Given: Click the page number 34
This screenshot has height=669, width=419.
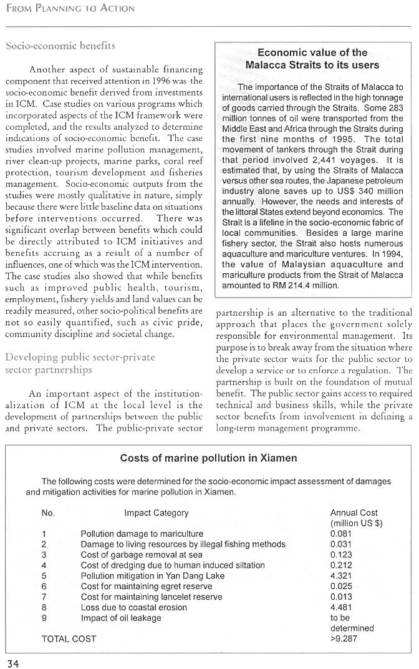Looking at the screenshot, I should point(14,663).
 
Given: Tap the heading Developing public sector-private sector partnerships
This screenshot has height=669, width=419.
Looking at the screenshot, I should point(80,363).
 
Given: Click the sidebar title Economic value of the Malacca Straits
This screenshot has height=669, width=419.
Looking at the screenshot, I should point(312,59).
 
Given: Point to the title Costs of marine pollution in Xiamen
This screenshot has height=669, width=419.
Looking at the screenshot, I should point(208,458).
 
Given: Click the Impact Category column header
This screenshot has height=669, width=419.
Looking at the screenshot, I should point(156,513).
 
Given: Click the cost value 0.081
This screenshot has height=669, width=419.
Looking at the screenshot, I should point(341,534).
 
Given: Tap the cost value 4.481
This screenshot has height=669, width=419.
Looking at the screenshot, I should point(341,607).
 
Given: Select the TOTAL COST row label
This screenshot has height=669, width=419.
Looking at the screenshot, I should point(69,638).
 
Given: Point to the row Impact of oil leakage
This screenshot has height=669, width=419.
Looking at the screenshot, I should point(121,618).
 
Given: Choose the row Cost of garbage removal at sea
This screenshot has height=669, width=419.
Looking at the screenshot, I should point(142,555).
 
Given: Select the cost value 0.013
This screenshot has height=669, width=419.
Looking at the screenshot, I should point(341,597).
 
